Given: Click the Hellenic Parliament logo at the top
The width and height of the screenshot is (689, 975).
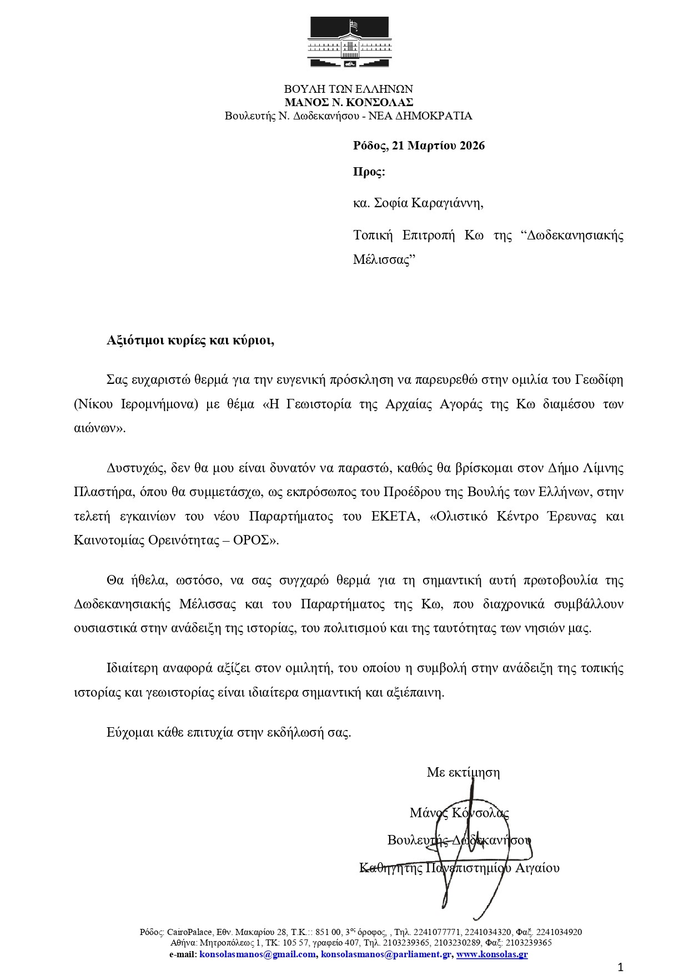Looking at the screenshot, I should point(348,43).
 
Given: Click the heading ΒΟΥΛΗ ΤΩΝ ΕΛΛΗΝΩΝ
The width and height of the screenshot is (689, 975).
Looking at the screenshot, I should point(349,89).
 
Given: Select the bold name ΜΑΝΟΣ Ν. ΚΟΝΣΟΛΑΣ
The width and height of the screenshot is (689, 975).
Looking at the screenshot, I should point(349,102).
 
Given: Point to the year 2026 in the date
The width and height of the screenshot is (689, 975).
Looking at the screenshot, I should point(470,146).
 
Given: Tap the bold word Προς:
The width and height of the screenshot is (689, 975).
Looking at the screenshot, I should point(369,172).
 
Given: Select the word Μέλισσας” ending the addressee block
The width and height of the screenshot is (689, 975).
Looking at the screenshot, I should point(384,259).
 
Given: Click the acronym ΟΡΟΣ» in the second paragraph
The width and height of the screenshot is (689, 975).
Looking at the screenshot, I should point(257,540).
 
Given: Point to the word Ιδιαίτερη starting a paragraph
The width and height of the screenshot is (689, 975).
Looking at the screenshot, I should point(131,667).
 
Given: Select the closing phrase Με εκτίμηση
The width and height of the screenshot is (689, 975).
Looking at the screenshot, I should point(463,772).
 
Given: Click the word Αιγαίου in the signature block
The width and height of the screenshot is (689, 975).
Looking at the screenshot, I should point(537,867).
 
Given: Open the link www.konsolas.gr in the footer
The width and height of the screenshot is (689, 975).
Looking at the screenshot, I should point(492,954).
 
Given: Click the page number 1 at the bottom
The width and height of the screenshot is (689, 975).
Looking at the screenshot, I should point(621,967).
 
